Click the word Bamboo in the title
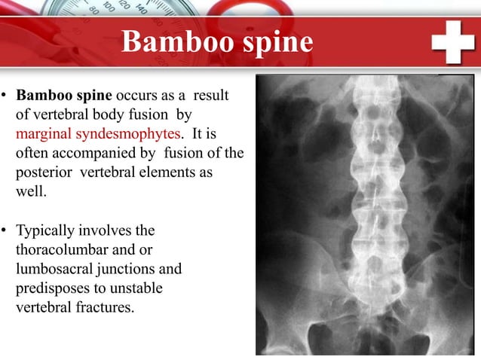(x=166, y=42)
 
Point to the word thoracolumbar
(x=58, y=249)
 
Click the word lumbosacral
(x=51, y=268)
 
